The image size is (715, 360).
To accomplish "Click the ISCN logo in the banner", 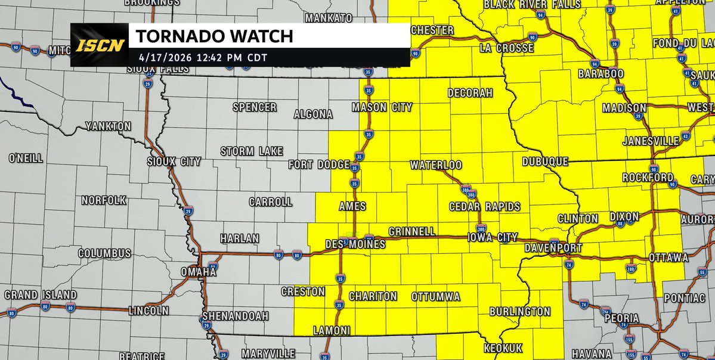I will point(100,45).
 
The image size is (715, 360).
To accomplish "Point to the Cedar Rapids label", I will point(484,207).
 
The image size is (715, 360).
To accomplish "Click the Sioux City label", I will point(174,162).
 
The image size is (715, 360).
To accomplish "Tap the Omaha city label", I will point(199,272).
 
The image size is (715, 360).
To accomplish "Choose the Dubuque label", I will point(544,162).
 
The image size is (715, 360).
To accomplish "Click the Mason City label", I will point(382,107).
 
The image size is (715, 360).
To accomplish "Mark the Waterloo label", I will point(436,165).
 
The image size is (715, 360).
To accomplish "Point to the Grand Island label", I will point(41,295).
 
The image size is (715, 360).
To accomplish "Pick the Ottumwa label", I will point(435,296).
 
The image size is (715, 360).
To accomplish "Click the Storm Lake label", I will point(251,151).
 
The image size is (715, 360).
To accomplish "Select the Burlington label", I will point(519,311).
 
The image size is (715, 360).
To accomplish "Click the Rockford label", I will point(648,178).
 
